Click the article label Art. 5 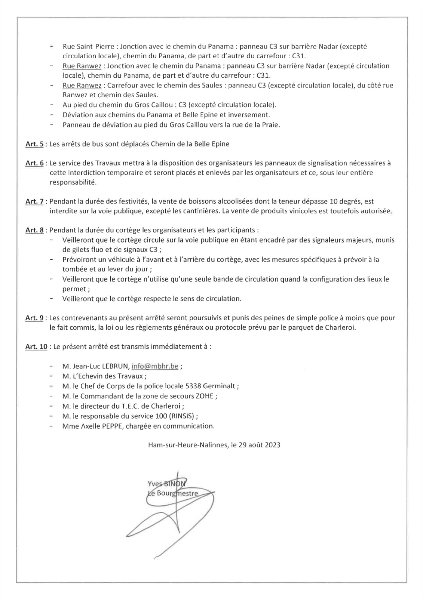point(34,144)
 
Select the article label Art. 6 point(34,163)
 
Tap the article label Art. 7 point(34,201)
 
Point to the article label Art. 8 point(34,230)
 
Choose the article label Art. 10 point(36,347)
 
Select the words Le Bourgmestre point(172,493)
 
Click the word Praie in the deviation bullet point(270,124)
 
